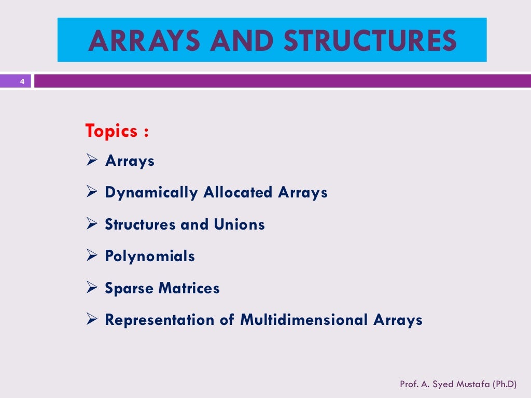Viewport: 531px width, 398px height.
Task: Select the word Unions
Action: click(239, 225)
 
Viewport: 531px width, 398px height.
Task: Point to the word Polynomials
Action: click(150, 257)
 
